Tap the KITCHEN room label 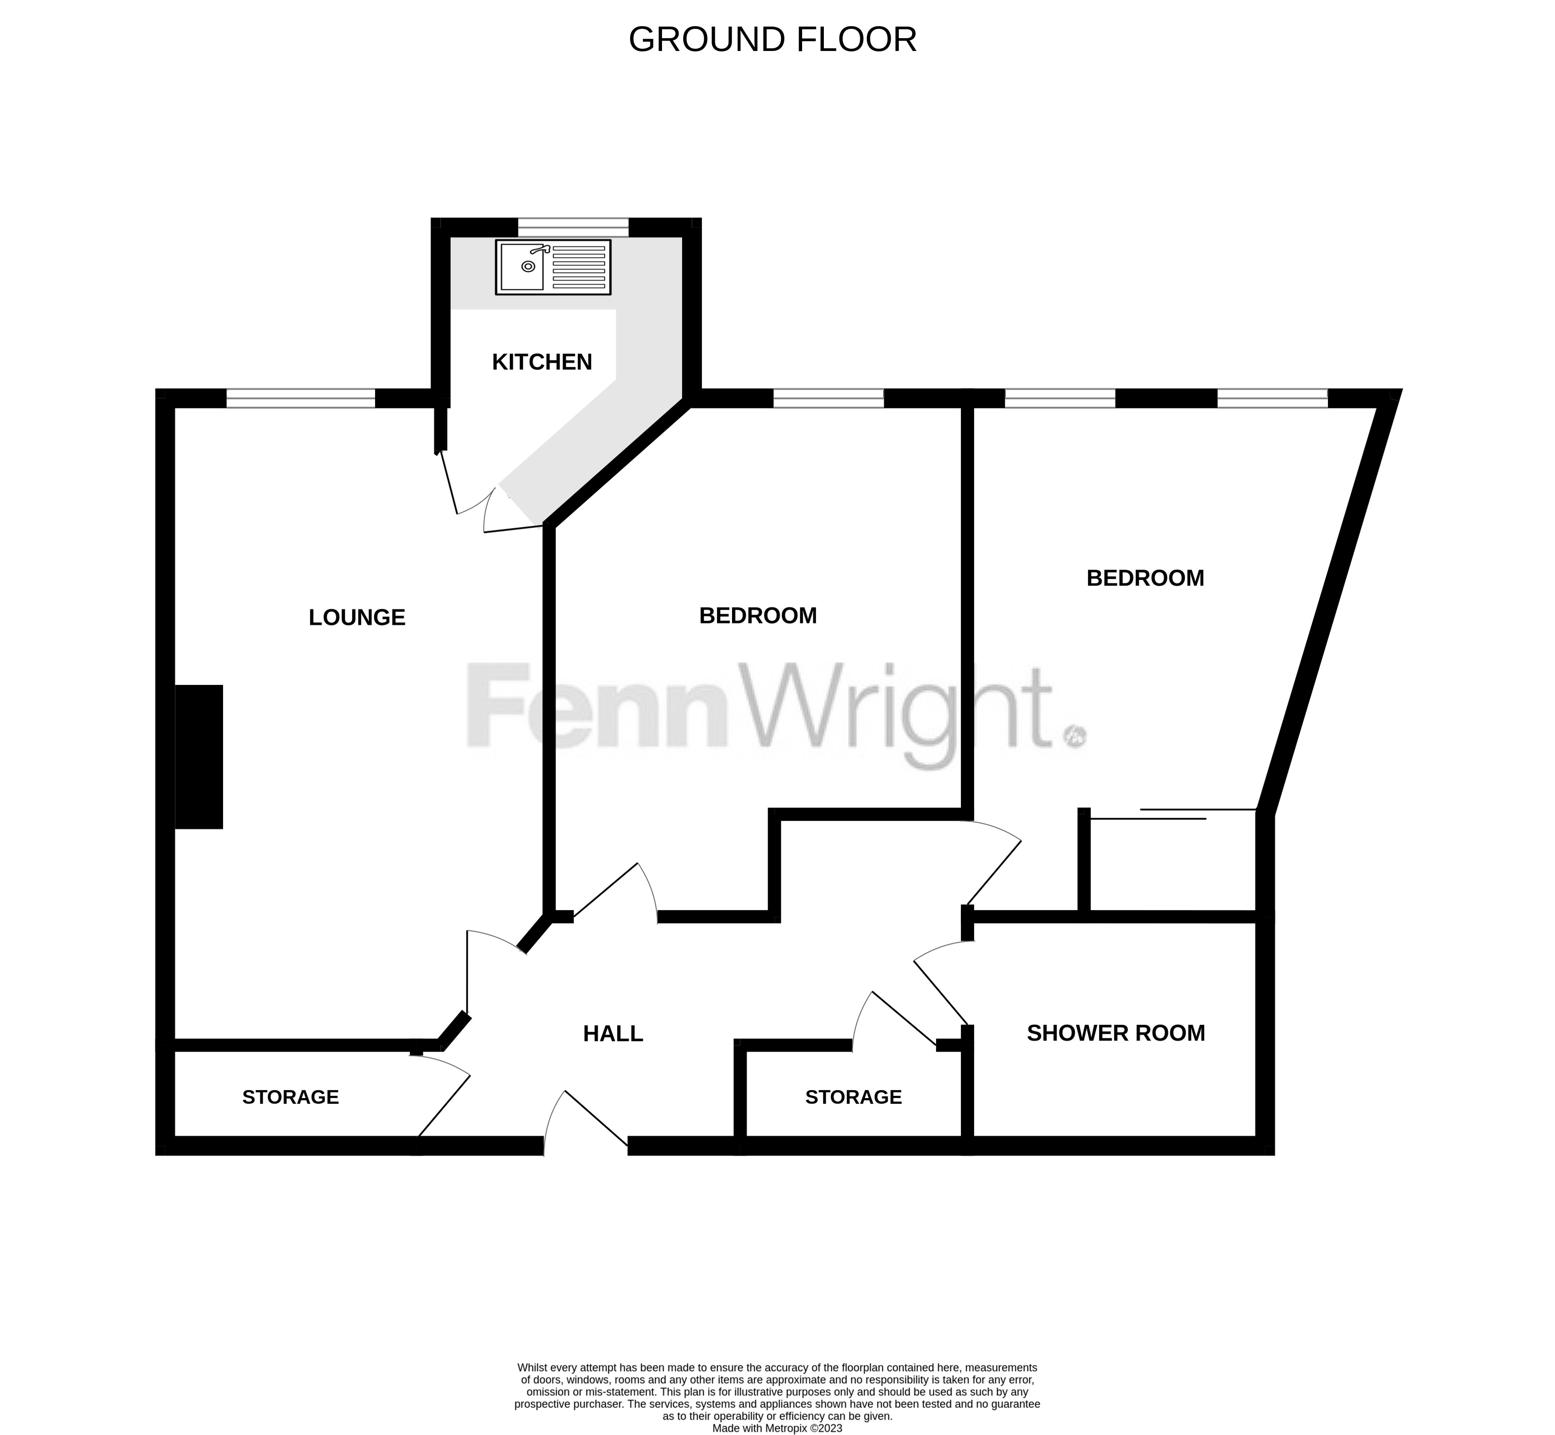click(542, 362)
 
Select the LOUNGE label click(357, 618)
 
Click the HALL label click(613, 1033)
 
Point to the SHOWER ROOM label click(1116, 1033)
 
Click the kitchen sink click(553, 267)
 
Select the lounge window click(301, 399)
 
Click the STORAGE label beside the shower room click(854, 1097)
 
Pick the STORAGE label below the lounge click(290, 1097)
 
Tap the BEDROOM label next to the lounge click(758, 615)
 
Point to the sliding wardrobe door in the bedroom click(1173, 814)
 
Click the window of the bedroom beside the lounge click(829, 399)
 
